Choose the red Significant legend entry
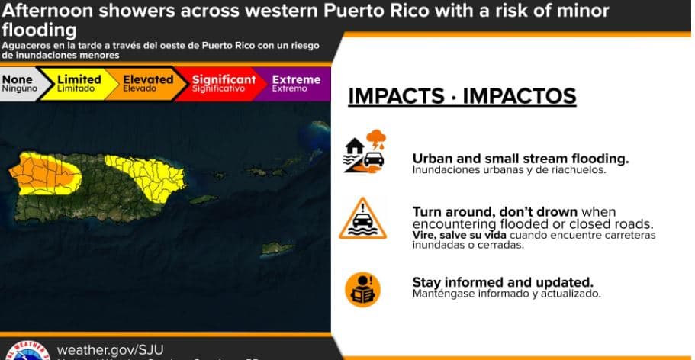point(222,83)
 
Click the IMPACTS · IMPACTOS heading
point(462,96)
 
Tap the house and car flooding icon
point(365,151)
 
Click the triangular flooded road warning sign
point(363,219)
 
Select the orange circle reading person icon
point(362,289)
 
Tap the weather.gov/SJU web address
point(111,349)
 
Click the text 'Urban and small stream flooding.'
point(520,159)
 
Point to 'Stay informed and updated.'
point(503,281)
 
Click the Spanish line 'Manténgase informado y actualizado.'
point(507,294)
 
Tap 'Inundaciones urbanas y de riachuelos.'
point(509,170)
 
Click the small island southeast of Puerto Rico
point(274,248)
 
